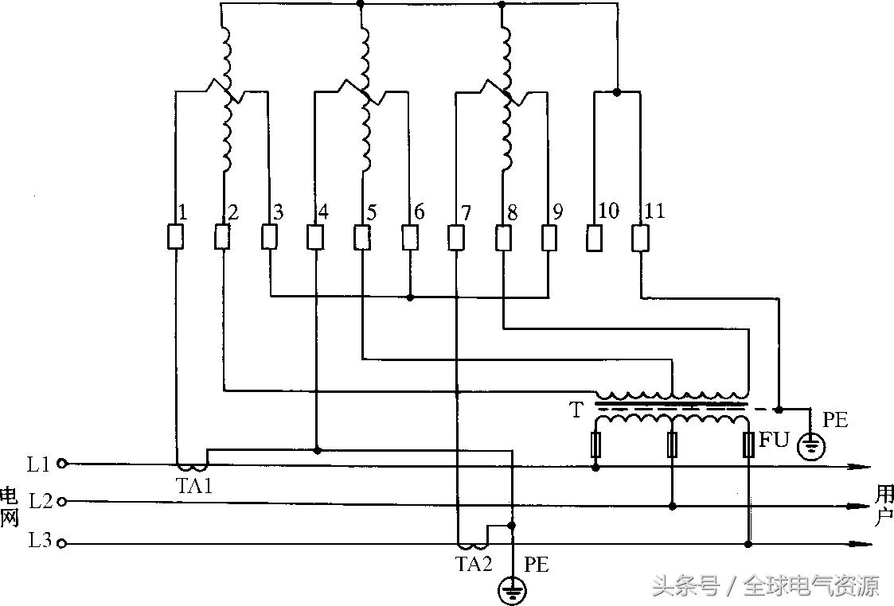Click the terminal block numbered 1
[175, 237]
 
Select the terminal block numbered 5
[362, 237]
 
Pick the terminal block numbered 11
[641, 237]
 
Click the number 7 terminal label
[466, 213]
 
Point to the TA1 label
[193, 487]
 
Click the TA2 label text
[474, 564]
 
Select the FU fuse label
[774, 440]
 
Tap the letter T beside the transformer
[576, 410]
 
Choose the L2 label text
[41, 502]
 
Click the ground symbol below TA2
[513, 590]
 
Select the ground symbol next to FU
[811, 447]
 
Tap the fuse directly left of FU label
[748, 445]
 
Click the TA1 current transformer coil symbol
[191, 466]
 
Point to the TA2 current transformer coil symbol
[473, 546]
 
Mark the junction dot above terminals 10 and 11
[618, 92]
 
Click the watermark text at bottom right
[766, 587]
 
